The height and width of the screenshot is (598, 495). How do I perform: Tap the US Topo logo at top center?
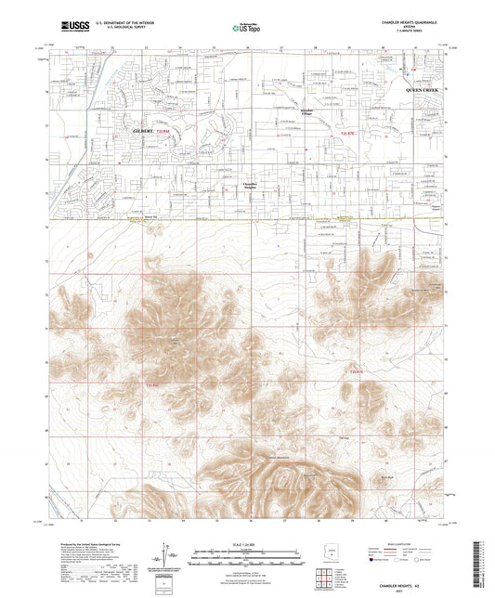coord(246,28)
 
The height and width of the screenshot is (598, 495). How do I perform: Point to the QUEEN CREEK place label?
coord(424,88)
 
